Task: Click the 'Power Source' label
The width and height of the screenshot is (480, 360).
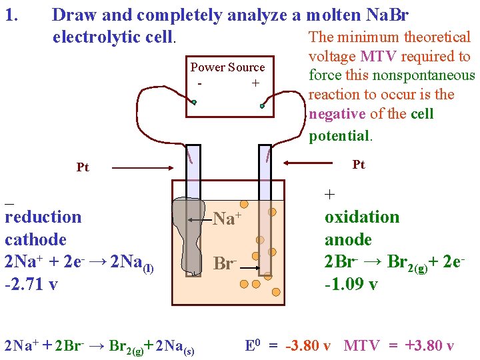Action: pyautogui.click(x=227, y=67)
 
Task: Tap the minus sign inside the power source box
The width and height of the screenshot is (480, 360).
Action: pyautogui.click(x=200, y=84)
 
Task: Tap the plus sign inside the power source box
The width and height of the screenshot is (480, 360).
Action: pyautogui.click(x=255, y=83)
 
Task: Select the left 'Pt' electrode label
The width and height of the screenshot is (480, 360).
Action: pyautogui.click(x=83, y=167)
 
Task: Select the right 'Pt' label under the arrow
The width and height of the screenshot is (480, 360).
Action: pyautogui.click(x=359, y=165)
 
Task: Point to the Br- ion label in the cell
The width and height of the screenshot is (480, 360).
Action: pyautogui.click(x=225, y=263)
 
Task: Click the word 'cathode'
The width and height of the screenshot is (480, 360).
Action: pyautogui.click(x=35, y=239)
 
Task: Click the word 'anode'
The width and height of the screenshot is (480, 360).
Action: pyautogui.click(x=348, y=239)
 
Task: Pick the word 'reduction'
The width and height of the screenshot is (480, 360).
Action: pyautogui.click(x=43, y=217)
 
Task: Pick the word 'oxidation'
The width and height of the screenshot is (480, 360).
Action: pyautogui.click(x=362, y=217)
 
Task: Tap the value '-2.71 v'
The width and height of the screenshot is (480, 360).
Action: pyautogui.click(x=31, y=285)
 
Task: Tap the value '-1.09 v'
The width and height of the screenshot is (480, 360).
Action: pyautogui.click(x=351, y=285)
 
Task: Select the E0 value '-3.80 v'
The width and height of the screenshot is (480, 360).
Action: pyautogui.click(x=307, y=346)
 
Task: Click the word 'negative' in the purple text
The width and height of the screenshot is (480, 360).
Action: pyautogui.click(x=337, y=113)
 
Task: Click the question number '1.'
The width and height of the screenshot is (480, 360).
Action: pyautogui.click(x=13, y=14)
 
